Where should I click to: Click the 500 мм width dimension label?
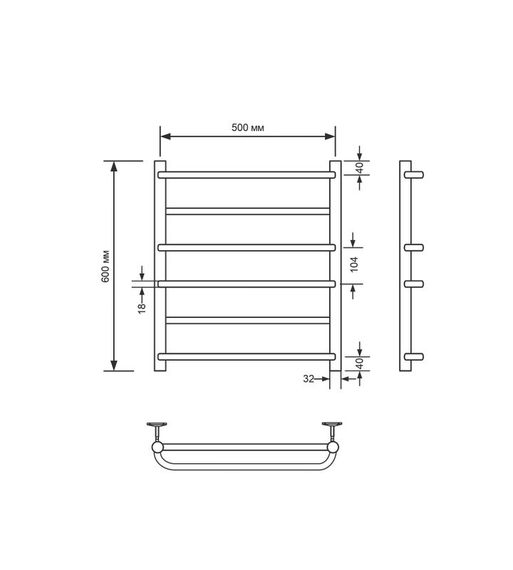click(x=247, y=128)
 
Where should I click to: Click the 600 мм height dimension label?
click(x=105, y=266)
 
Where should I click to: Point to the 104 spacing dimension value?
click(x=353, y=264)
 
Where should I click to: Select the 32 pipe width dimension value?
click(x=309, y=379)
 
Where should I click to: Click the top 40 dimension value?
click(x=359, y=167)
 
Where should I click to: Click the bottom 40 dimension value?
click(x=359, y=363)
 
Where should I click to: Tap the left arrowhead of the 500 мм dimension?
click(x=165, y=137)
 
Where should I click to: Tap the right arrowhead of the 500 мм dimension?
click(x=330, y=137)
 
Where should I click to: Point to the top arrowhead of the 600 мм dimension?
click(x=114, y=166)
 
